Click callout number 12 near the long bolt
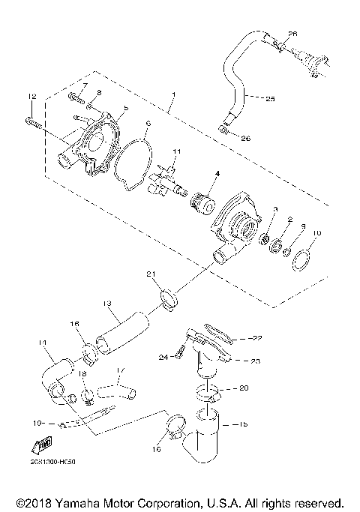tap(31, 96)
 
